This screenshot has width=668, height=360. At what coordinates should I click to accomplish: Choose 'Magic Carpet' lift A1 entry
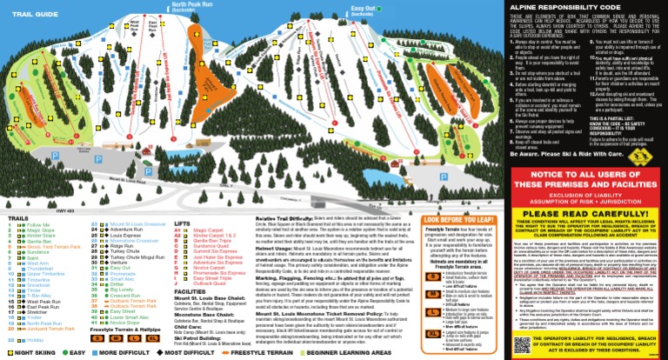tap(206, 230)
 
